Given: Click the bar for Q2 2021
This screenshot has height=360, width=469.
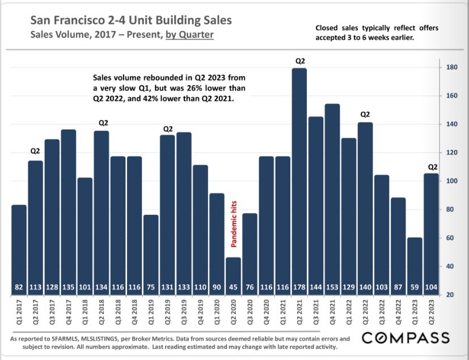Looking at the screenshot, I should coord(299,176).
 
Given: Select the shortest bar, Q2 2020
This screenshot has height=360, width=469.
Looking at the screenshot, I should coord(233,272).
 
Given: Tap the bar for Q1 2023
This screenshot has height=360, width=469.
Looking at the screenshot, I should coord(415,261).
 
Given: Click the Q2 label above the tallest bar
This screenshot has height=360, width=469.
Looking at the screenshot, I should coord(299,60).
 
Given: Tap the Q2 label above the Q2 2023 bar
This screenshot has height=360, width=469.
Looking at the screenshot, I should coord(432,167).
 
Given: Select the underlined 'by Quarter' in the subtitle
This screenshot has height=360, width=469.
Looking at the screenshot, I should coord(189,35).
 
